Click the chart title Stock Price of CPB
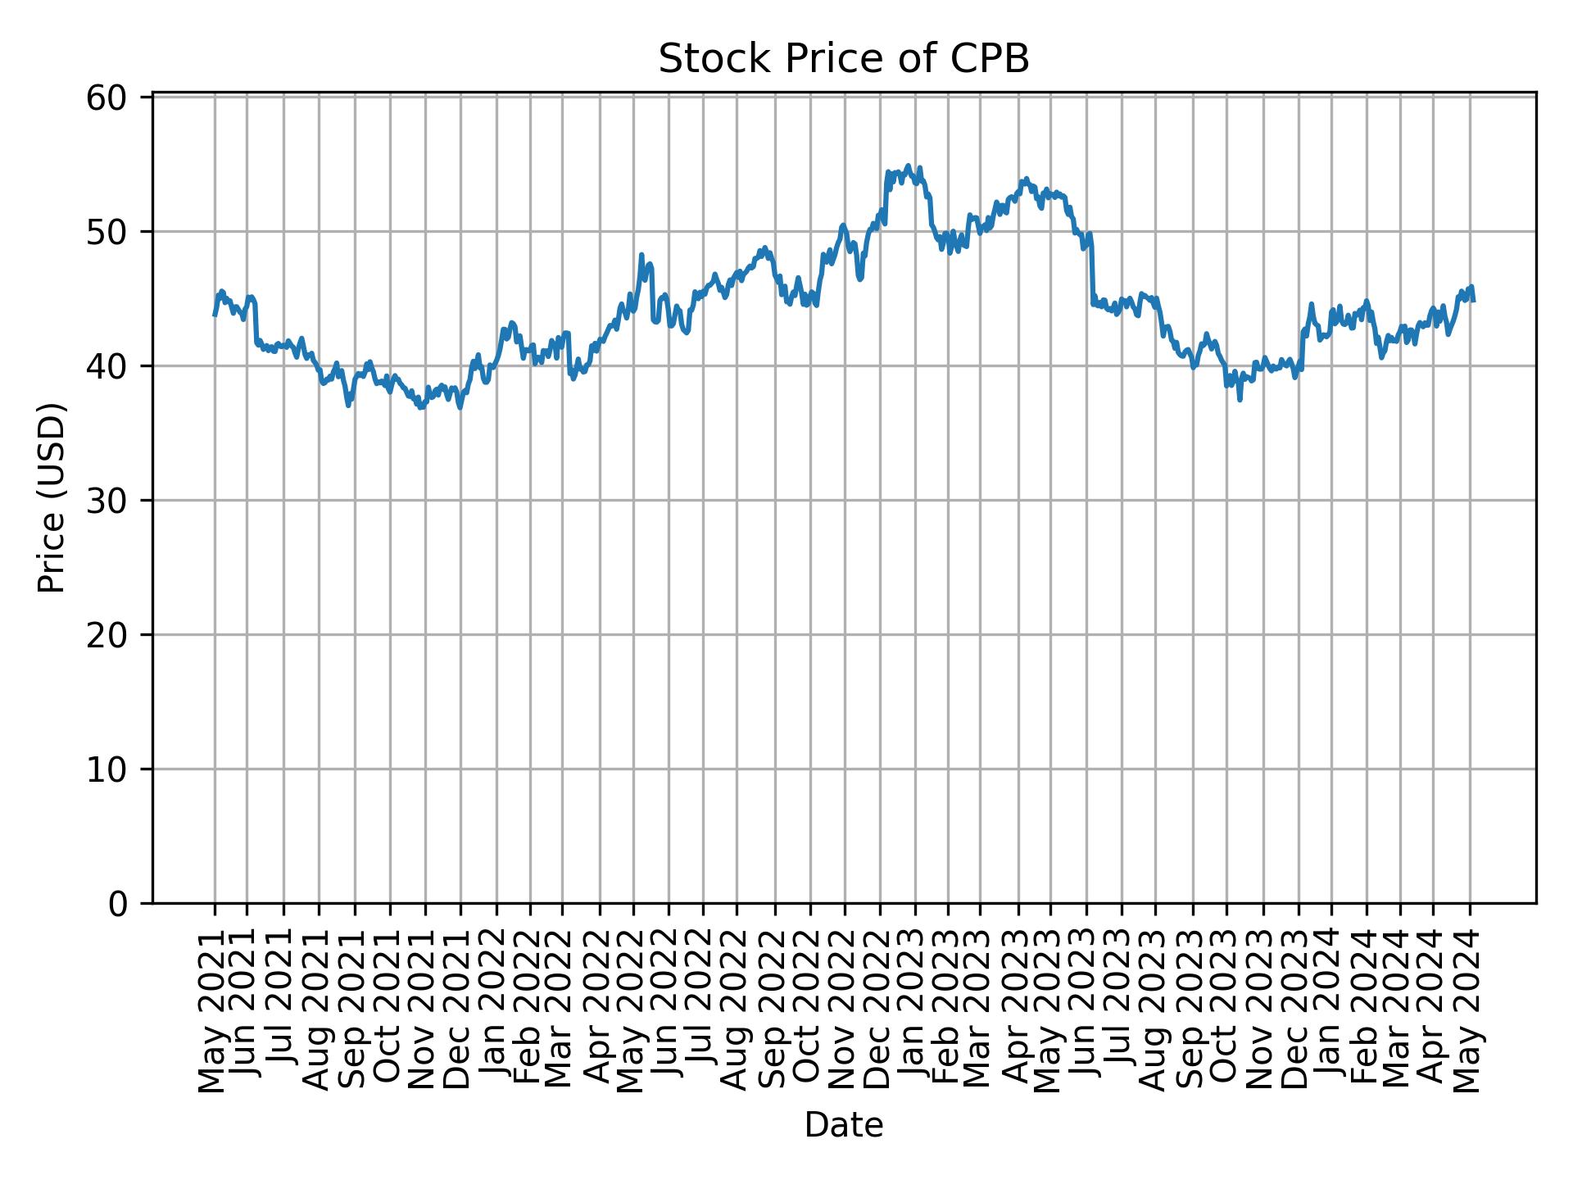[x=843, y=59]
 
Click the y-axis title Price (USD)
[x=52, y=497]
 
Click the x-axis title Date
[x=843, y=1126]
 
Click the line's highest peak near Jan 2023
[x=907, y=166]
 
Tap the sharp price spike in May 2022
[x=641, y=255]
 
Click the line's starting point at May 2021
[x=215, y=315]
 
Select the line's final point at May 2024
[x=1474, y=301]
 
